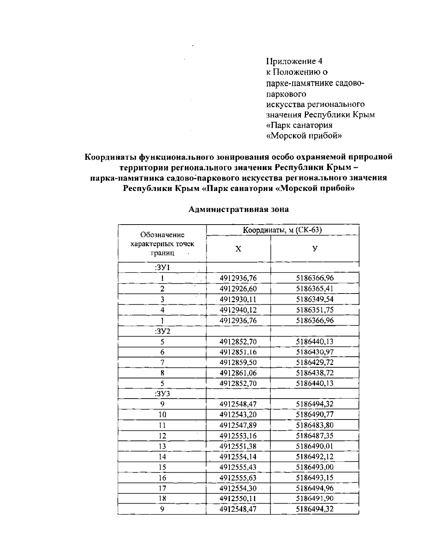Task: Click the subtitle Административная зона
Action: coord(239,209)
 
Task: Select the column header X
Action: coord(238,249)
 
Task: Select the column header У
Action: coord(315,249)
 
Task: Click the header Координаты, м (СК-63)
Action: coord(282,230)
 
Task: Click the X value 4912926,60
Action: coord(238,289)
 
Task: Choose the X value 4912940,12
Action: coord(238,310)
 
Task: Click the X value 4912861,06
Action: coord(238,373)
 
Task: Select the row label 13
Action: coord(162,446)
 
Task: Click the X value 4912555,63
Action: coord(238,478)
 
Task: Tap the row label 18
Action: coord(162,499)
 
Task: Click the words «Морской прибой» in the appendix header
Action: coord(304,136)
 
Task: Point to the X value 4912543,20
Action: coord(238,415)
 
